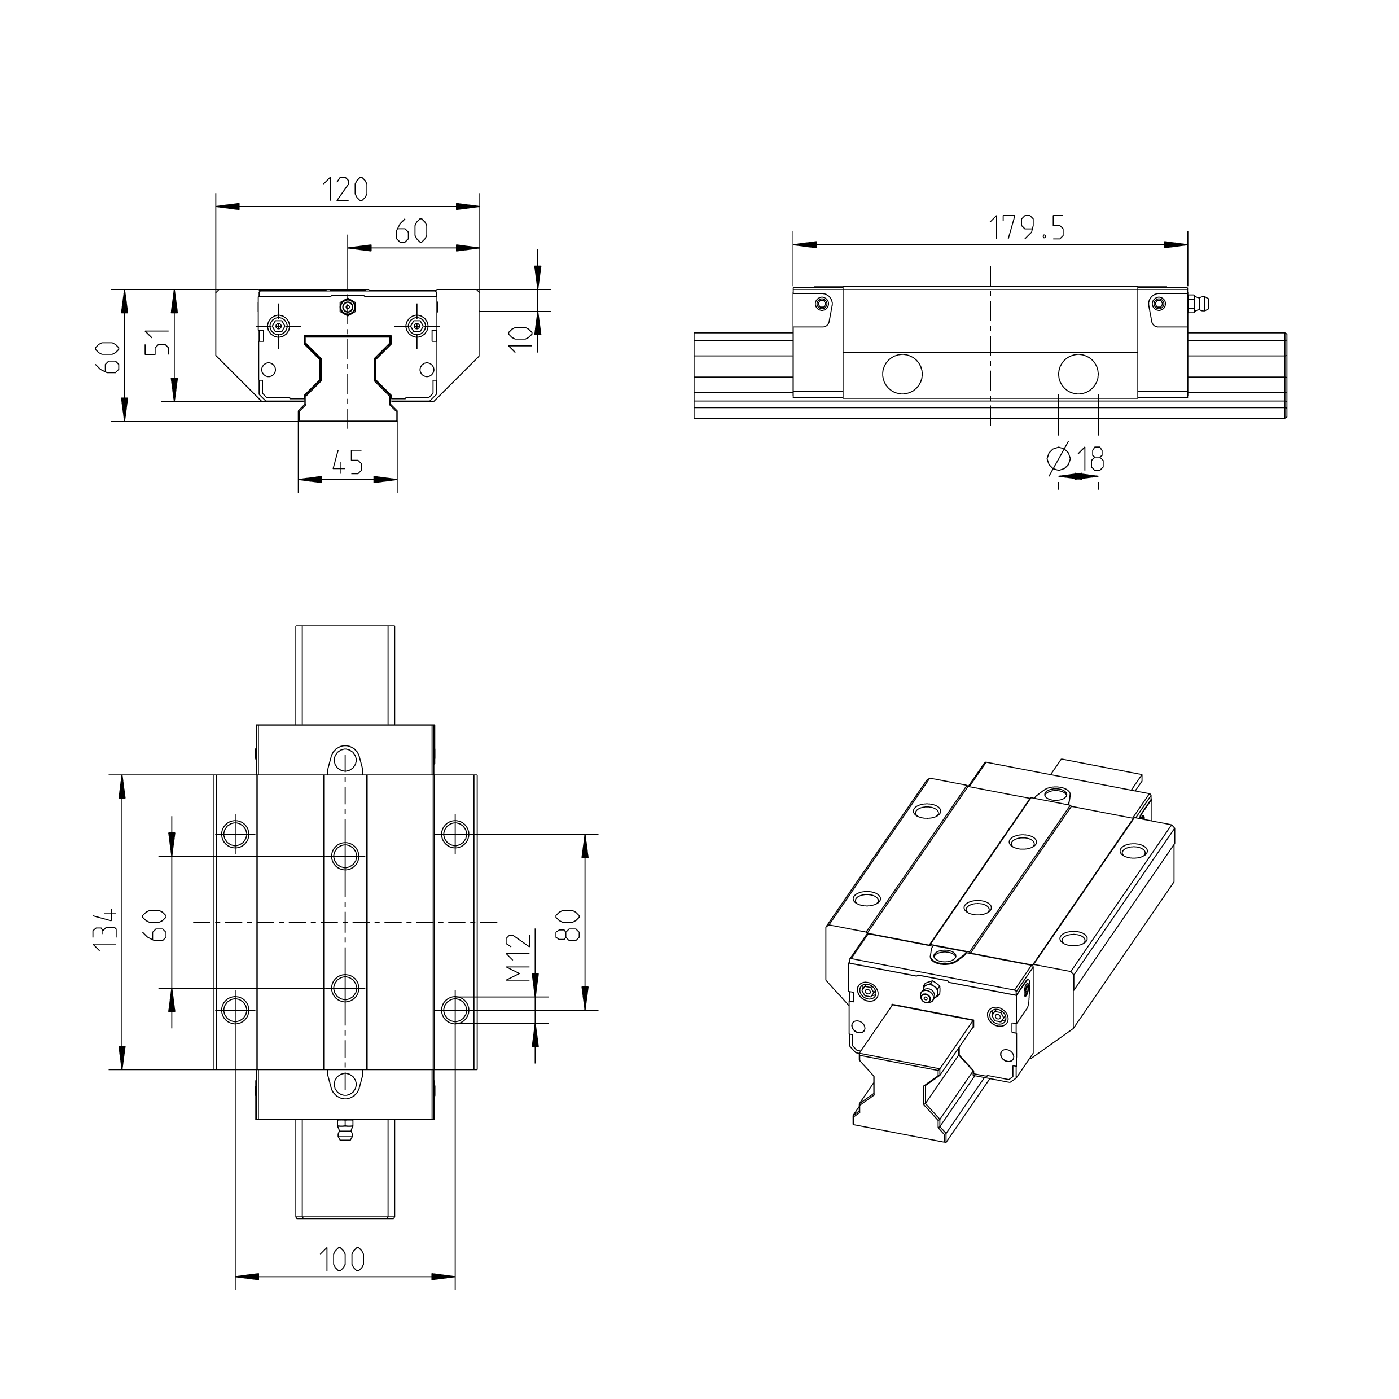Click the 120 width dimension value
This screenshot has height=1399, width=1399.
(345, 190)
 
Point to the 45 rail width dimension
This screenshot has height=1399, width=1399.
(347, 462)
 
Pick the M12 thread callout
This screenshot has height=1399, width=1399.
(519, 957)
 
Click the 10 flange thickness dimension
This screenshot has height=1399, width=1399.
(519, 338)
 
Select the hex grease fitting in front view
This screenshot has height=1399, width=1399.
(348, 307)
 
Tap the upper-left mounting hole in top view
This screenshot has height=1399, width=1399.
(235, 834)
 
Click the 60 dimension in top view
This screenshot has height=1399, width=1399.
(159, 925)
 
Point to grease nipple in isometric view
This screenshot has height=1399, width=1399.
(928, 992)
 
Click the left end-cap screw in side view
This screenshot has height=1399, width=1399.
(821, 302)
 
